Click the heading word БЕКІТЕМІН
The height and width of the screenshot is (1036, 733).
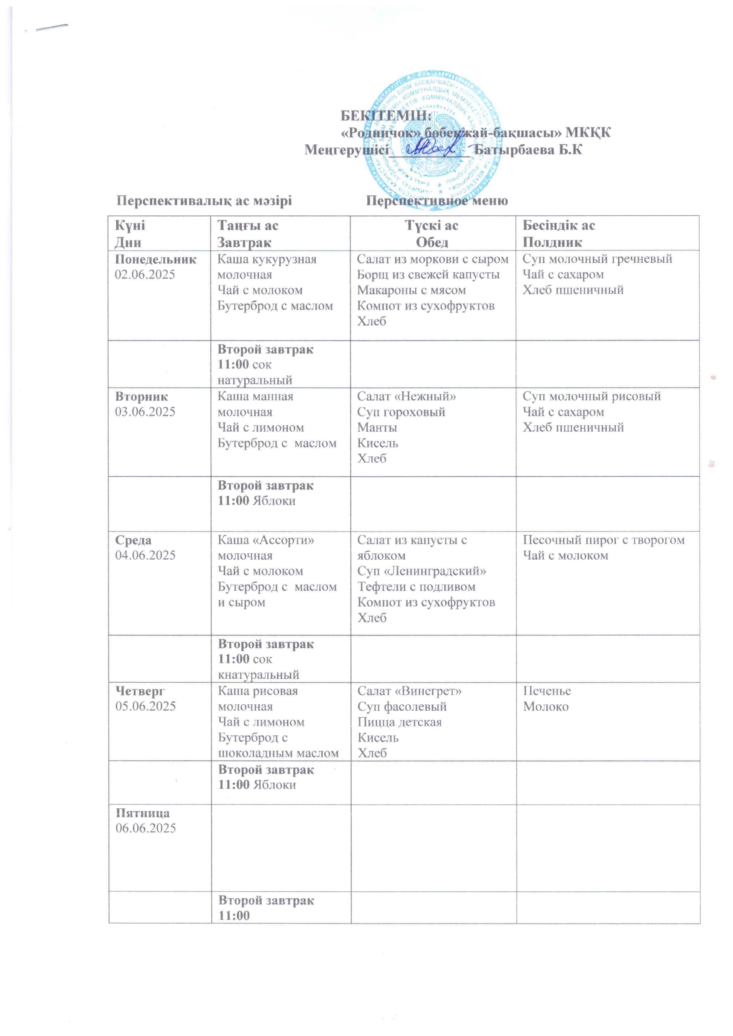(386, 116)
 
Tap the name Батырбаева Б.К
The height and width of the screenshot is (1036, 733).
(528, 149)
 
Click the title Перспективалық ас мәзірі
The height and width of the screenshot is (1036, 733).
(204, 201)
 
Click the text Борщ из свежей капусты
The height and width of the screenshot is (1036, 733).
(428, 274)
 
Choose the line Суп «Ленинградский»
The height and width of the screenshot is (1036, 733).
(422, 571)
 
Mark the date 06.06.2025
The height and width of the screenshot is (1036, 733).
(145, 828)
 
